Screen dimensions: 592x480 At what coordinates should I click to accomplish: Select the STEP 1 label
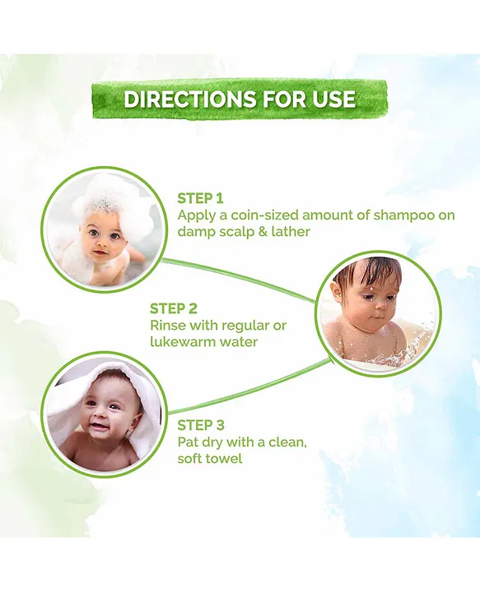(x=200, y=198)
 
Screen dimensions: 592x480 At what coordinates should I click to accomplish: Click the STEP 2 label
(x=173, y=308)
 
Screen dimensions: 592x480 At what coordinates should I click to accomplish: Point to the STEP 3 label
(x=201, y=425)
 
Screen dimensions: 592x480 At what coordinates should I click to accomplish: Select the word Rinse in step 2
(x=169, y=326)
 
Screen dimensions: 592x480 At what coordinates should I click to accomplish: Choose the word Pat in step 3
(x=189, y=442)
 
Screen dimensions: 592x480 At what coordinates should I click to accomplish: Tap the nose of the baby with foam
(x=98, y=240)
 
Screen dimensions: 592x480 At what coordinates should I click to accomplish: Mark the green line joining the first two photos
(x=239, y=275)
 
